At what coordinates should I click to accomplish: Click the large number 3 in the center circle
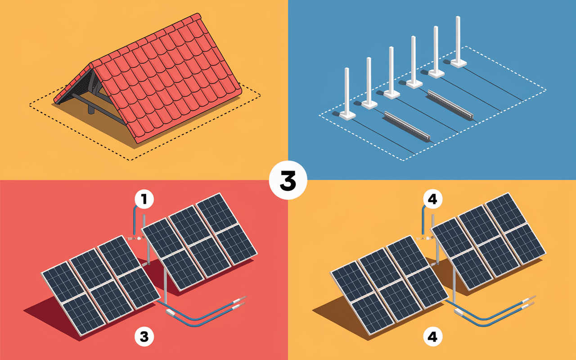click(288, 180)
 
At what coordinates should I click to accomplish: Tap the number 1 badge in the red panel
click(144, 199)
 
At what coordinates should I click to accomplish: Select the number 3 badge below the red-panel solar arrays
click(144, 336)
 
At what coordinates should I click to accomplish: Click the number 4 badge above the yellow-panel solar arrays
click(432, 199)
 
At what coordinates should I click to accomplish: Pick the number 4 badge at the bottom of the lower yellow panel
click(432, 336)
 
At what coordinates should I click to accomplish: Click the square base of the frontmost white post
click(348, 116)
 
